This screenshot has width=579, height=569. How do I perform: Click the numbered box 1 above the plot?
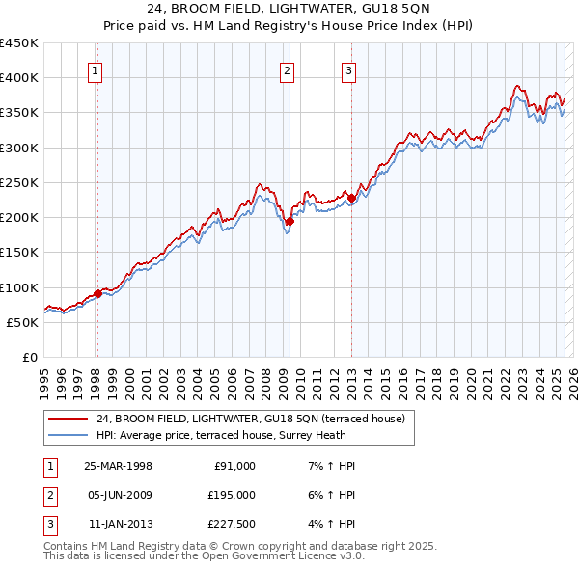click(96, 69)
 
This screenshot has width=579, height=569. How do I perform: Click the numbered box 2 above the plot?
click(288, 69)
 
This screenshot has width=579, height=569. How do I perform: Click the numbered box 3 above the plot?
click(348, 69)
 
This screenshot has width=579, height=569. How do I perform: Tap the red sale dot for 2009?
click(289, 221)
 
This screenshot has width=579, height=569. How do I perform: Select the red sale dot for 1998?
click(97, 293)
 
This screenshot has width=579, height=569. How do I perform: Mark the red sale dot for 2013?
click(351, 199)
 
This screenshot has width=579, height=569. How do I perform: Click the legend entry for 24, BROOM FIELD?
click(256, 419)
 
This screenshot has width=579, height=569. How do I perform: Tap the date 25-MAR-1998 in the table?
click(118, 466)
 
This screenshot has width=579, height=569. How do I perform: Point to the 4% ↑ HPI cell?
click(332, 524)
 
